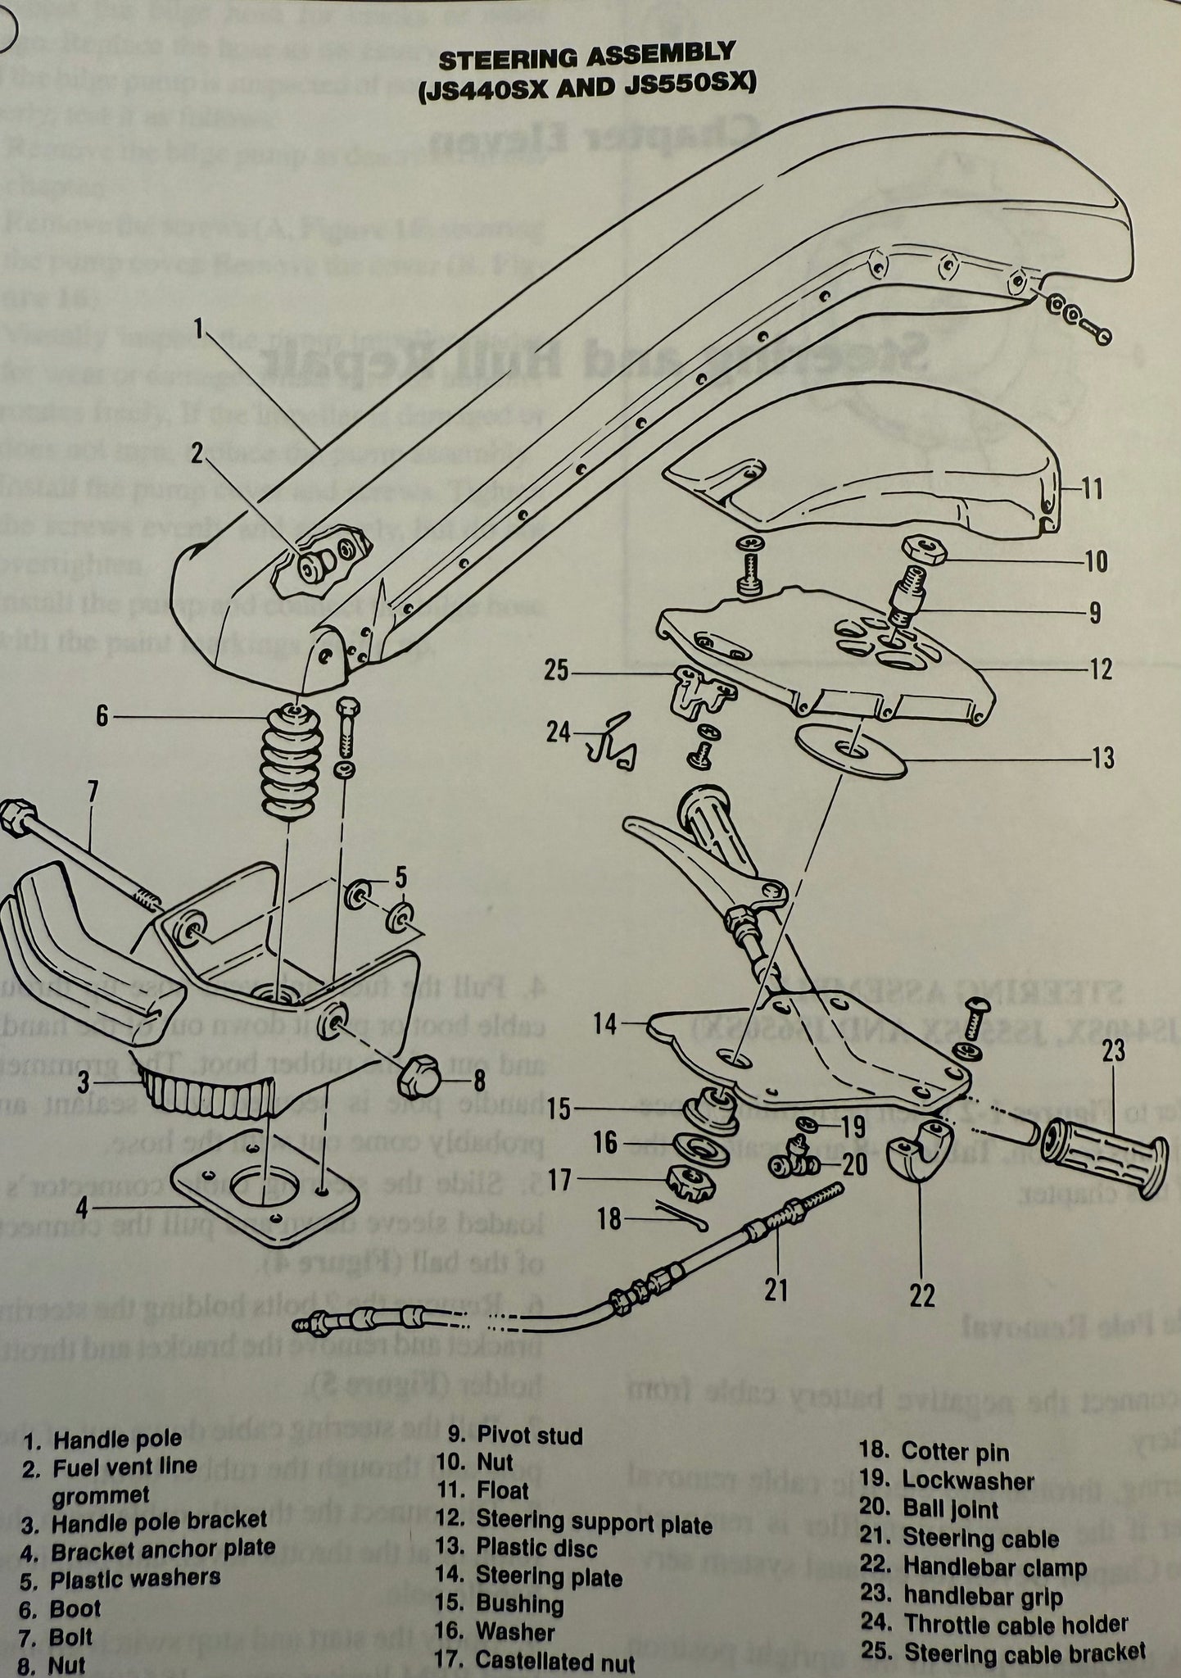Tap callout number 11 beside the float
click(1091, 489)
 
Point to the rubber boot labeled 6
click(291, 762)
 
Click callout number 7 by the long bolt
click(92, 793)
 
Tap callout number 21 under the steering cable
click(776, 1290)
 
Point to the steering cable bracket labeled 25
click(699, 690)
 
